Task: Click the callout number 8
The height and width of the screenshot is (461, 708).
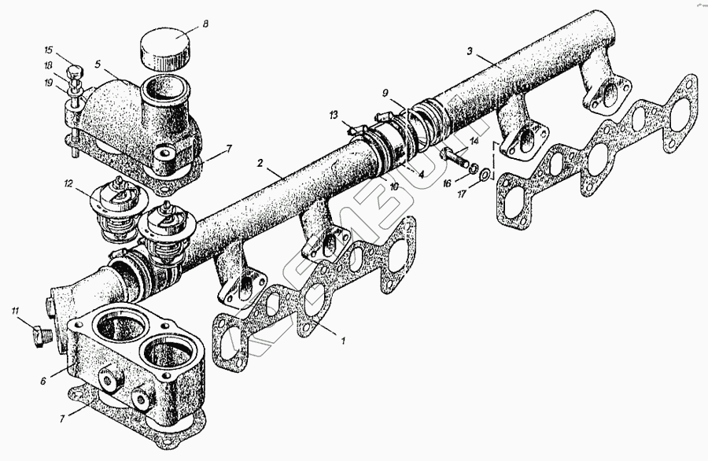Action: tap(205, 24)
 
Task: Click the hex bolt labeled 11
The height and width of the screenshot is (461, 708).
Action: tap(39, 337)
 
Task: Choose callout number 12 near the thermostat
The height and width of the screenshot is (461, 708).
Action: tap(69, 185)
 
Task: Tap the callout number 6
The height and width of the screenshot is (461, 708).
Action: tap(45, 380)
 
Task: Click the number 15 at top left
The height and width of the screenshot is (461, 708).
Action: tap(48, 51)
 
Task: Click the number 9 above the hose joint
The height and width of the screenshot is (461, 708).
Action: tap(385, 93)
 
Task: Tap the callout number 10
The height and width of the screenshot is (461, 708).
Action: tap(393, 188)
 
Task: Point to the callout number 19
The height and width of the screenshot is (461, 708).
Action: tap(48, 83)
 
